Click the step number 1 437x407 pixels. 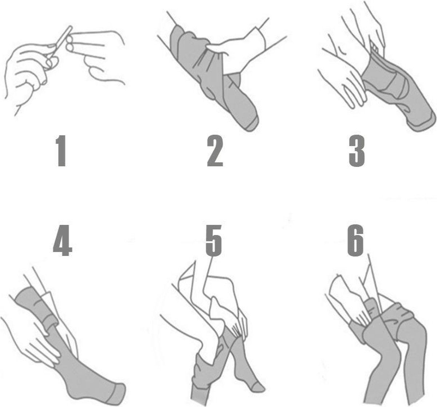tap(62, 151)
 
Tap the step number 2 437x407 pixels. tap(215, 151)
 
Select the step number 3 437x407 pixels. tap(357, 151)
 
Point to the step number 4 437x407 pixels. tap(63, 240)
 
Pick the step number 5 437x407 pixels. tap(214, 240)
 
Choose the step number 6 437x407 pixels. tap(355, 240)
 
